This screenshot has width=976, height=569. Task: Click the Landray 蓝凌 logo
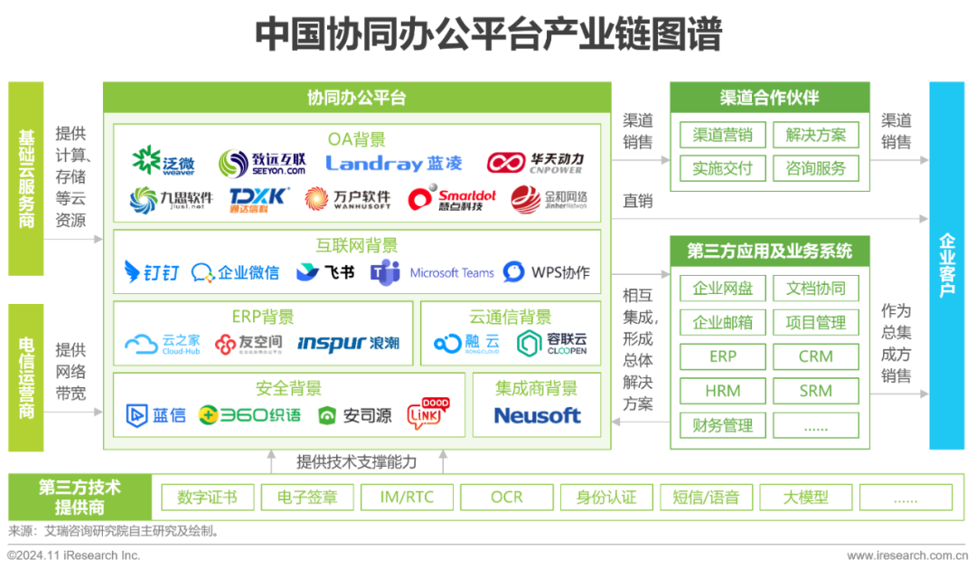[x=394, y=163]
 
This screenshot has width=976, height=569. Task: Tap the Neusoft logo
[x=537, y=415]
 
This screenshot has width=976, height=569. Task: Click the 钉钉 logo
[x=151, y=272]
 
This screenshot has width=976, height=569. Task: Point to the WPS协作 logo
[x=547, y=272]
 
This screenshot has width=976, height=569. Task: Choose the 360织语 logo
[x=249, y=415]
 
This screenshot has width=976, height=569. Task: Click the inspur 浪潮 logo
[x=348, y=344]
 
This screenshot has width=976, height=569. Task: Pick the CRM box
[x=815, y=356]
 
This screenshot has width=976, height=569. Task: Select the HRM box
[x=722, y=392]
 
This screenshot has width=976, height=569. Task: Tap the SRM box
[x=815, y=392]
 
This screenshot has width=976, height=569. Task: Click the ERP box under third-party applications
[x=722, y=356]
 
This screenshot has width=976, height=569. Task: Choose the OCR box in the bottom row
[x=506, y=497]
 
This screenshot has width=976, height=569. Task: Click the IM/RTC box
[x=406, y=497]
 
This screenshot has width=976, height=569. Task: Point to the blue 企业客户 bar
[x=946, y=265]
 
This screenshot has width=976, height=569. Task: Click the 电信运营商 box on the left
[x=26, y=376]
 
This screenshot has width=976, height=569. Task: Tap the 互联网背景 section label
[x=356, y=246]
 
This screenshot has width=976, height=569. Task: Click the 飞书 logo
[x=325, y=272]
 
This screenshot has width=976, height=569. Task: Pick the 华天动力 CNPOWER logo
[x=536, y=163]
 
